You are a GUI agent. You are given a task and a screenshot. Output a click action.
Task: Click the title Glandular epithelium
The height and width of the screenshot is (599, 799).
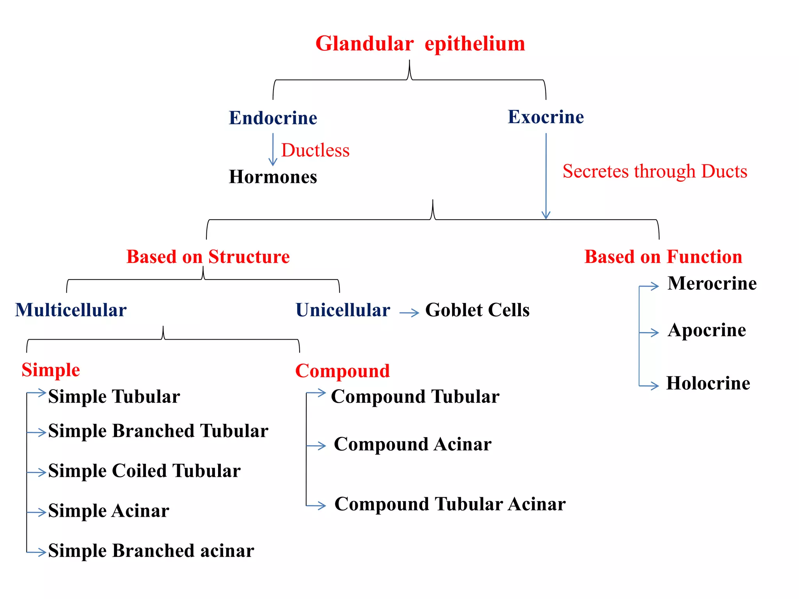[x=420, y=44]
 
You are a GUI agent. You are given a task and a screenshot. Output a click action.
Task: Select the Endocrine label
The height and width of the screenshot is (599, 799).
[x=273, y=118]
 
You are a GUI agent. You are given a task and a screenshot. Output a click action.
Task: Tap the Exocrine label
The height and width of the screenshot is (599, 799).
[x=545, y=117]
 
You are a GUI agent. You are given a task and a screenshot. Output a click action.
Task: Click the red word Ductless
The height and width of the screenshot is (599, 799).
[x=315, y=151]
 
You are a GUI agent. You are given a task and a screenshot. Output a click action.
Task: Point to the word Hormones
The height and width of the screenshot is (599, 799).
[x=273, y=177]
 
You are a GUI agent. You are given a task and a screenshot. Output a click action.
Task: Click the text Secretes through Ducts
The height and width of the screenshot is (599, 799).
[x=655, y=171]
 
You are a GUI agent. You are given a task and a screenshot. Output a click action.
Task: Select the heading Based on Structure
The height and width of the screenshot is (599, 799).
[x=208, y=257]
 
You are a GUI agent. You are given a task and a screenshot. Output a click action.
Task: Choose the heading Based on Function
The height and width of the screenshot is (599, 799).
[x=663, y=257]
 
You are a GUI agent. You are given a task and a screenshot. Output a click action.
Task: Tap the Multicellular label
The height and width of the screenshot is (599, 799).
[x=71, y=310]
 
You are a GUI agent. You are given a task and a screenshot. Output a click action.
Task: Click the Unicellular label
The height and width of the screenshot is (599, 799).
[x=343, y=310]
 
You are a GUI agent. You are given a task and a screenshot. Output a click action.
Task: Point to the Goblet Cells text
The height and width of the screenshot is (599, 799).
[x=477, y=310]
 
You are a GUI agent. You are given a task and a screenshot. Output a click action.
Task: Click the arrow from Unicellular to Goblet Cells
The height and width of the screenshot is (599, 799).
[x=409, y=312]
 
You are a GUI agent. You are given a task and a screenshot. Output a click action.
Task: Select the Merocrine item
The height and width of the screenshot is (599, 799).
[x=712, y=284]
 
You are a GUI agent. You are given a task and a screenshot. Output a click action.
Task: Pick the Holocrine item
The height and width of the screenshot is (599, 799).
[x=708, y=383]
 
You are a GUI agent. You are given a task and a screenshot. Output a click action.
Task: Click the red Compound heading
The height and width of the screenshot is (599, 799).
[x=342, y=371]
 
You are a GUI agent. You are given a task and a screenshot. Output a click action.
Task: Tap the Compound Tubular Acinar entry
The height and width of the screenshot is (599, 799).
[x=450, y=504]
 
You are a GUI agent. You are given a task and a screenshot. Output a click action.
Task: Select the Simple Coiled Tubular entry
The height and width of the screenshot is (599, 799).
[x=144, y=471]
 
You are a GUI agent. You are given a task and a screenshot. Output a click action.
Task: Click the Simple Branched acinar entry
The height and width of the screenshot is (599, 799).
[x=151, y=551]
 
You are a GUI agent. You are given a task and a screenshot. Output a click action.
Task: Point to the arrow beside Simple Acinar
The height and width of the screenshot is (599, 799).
[x=37, y=512]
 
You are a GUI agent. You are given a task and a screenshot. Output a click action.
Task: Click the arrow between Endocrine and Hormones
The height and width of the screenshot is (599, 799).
[x=273, y=150]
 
